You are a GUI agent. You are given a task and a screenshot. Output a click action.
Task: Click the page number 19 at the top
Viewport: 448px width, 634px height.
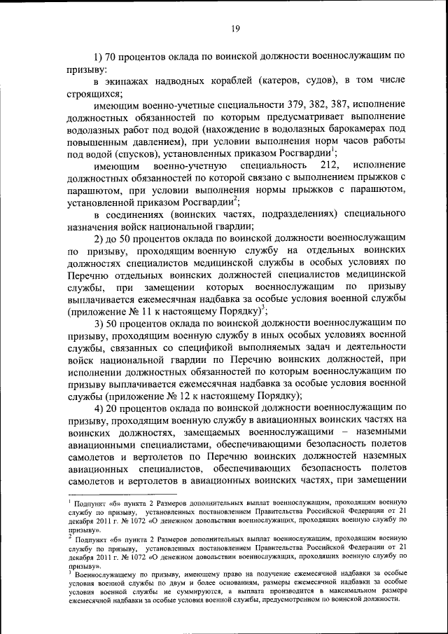tap(235, 28)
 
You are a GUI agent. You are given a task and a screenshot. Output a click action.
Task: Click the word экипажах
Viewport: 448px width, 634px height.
tap(128, 80)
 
